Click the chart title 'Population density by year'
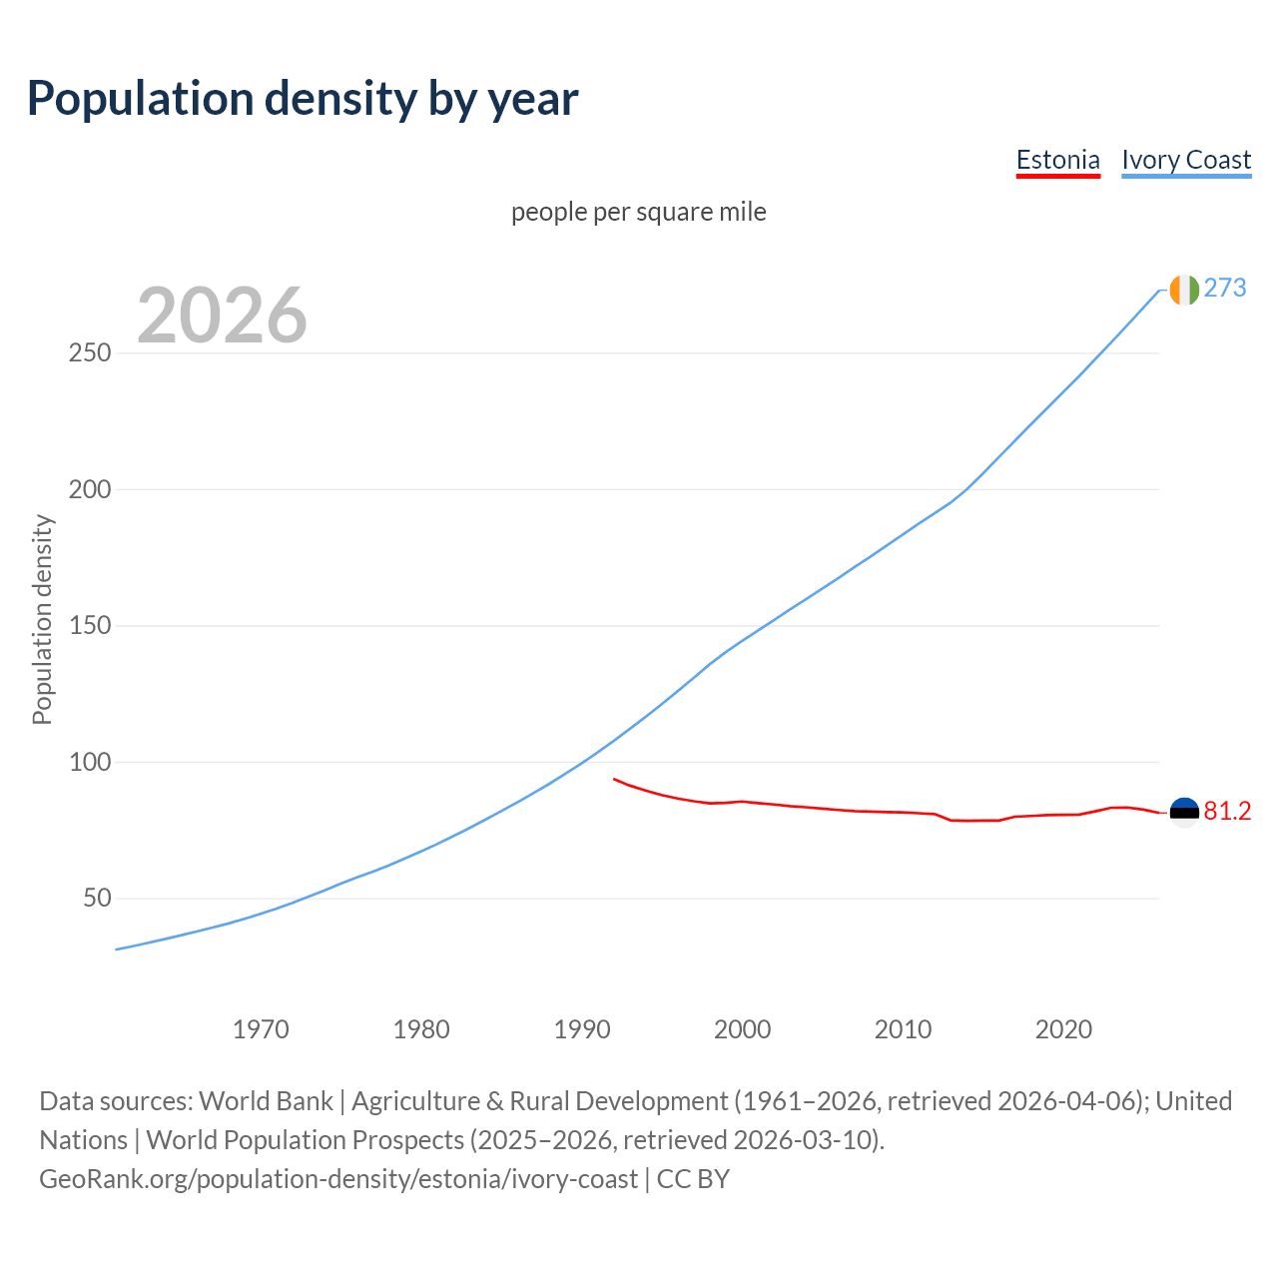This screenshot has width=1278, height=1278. [303, 99]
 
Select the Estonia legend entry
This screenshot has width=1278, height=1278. [1057, 160]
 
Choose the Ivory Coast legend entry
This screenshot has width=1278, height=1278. [1186, 160]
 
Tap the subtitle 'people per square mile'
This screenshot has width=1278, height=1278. [638, 212]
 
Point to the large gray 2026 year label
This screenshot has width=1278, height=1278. [222, 316]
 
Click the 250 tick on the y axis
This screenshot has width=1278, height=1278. [90, 353]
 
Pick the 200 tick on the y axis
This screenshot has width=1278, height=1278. [90, 489]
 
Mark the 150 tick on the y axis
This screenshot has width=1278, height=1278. [90, 626]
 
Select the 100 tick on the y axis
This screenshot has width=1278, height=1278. [90, 762]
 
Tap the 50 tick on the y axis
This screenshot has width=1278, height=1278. [97, 899]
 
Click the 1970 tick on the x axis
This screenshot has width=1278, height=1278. [261, 1029]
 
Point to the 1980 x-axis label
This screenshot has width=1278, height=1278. [421, 1029]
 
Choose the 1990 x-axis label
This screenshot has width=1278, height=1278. [582, 1029]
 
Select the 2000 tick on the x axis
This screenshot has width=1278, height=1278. [742, 1029]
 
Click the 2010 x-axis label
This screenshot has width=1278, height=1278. [903, 1029]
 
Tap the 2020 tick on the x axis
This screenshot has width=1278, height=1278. [1063, 1029]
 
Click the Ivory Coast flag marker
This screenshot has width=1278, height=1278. [1184, 290]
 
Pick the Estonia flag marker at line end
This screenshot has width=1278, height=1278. [1184, 813]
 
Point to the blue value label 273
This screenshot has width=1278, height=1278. [1225, 289]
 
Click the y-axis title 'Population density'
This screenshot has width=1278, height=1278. [42, 619]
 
